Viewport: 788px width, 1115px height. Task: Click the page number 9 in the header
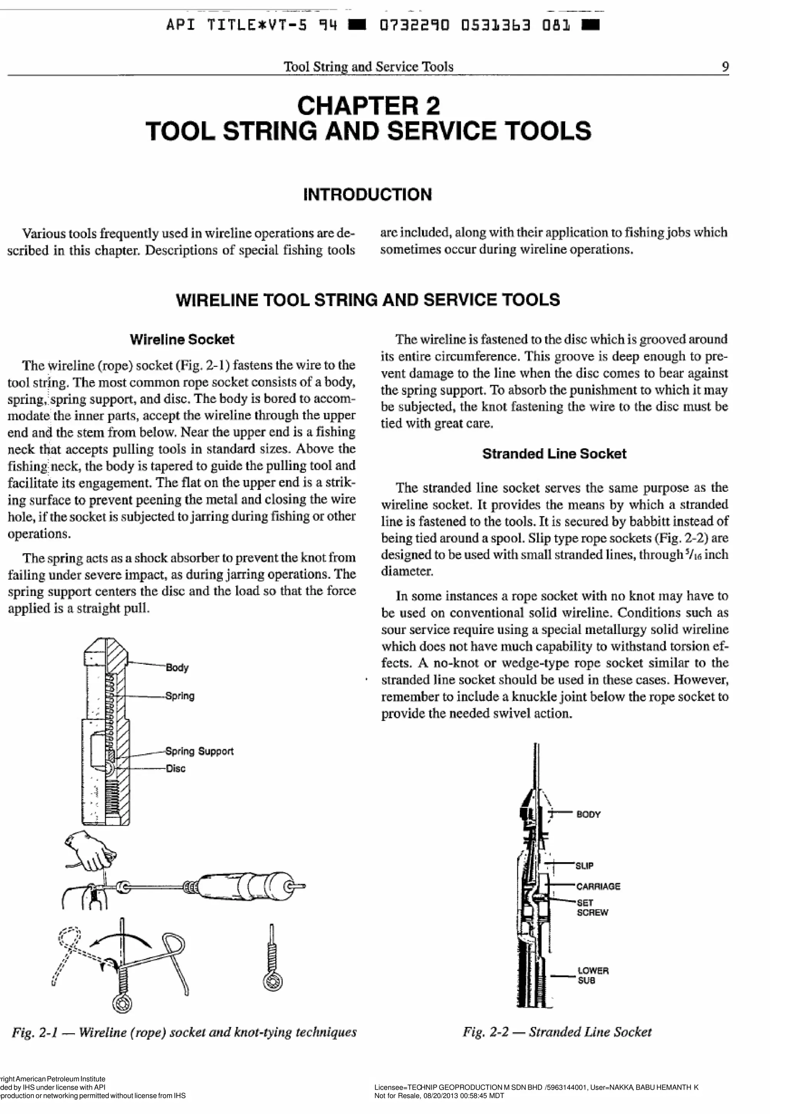coord(725,67)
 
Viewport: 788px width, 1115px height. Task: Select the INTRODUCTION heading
coord(367,195)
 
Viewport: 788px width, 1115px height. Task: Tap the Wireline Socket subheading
coord(182,339)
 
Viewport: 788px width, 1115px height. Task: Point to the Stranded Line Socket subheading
coord(554,454)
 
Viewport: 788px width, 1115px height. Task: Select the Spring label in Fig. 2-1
coord(180,696)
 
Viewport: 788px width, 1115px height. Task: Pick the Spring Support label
coord(199,751)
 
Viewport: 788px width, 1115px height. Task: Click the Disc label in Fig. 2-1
coord(175,768)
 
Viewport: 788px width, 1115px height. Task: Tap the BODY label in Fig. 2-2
coord(588,815)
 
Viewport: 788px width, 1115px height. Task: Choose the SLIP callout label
coord(584,865)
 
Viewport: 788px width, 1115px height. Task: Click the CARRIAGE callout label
coord(598,886)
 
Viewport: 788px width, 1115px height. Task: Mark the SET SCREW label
coord(592,908)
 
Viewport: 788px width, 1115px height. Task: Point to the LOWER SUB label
coord(593,976)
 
